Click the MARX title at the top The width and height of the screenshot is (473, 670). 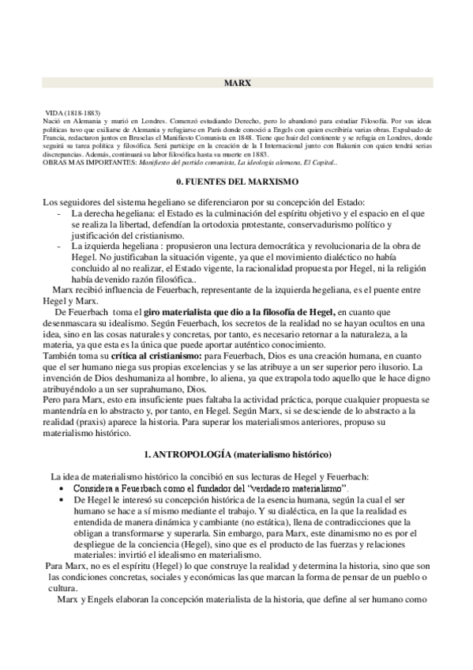click(236, 82)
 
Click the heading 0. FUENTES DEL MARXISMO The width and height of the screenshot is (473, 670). click(236, 182)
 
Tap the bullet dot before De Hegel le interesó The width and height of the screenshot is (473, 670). click(62, 501)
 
